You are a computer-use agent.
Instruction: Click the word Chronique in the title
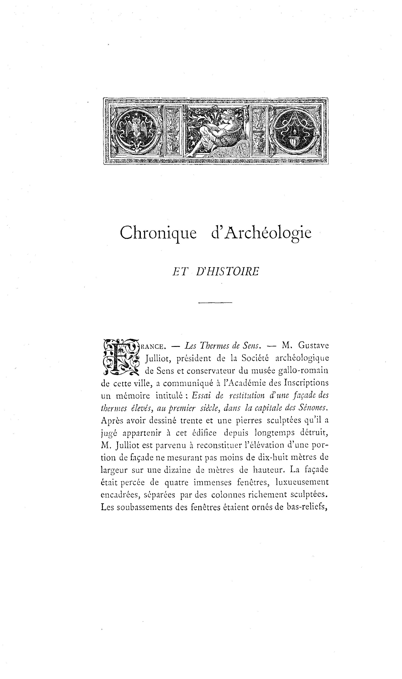tap(158, 233)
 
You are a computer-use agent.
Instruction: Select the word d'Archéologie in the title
tap(261, 233)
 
